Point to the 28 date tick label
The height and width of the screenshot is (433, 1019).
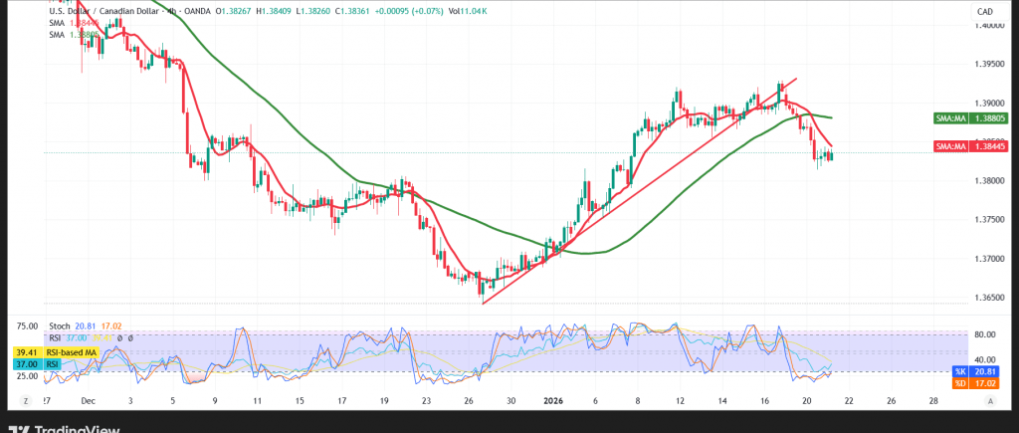click(x=932, y=401)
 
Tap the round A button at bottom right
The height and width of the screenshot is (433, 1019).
click(x=991, y=400)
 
